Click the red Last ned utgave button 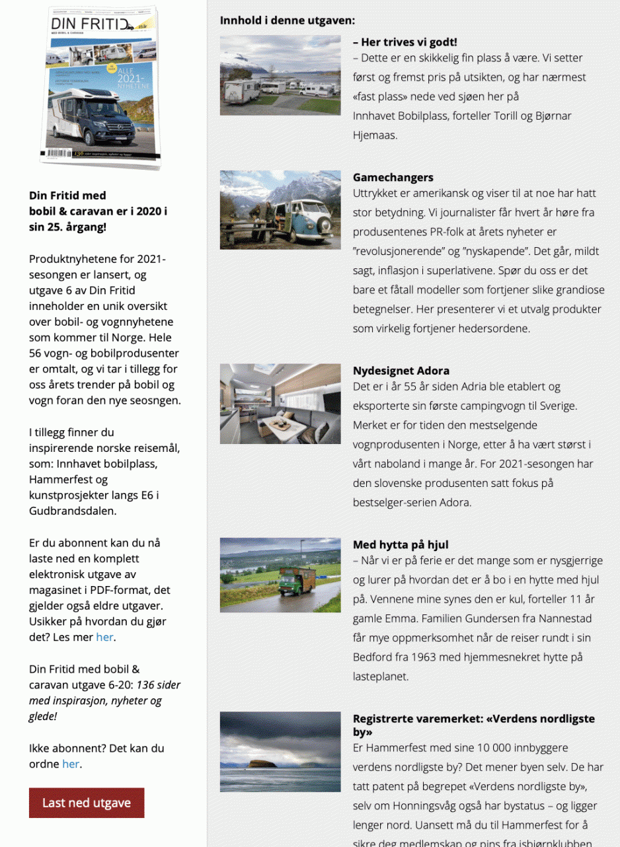click(87, 803)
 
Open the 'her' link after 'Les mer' click(104, 638)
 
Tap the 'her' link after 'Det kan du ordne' click(71, 764)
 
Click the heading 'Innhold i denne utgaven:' click(288, 20)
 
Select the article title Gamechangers click(393, 178)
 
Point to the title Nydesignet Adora click(401, 371)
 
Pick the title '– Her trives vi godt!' click(405, 42)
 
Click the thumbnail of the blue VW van click(280, 210)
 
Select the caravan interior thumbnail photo click(280, 404)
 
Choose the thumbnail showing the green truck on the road click(280, 575)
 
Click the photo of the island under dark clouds click(280, 752)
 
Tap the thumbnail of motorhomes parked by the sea click(280, 75)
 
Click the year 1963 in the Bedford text click(412, 657)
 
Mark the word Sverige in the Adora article click(556, 406)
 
